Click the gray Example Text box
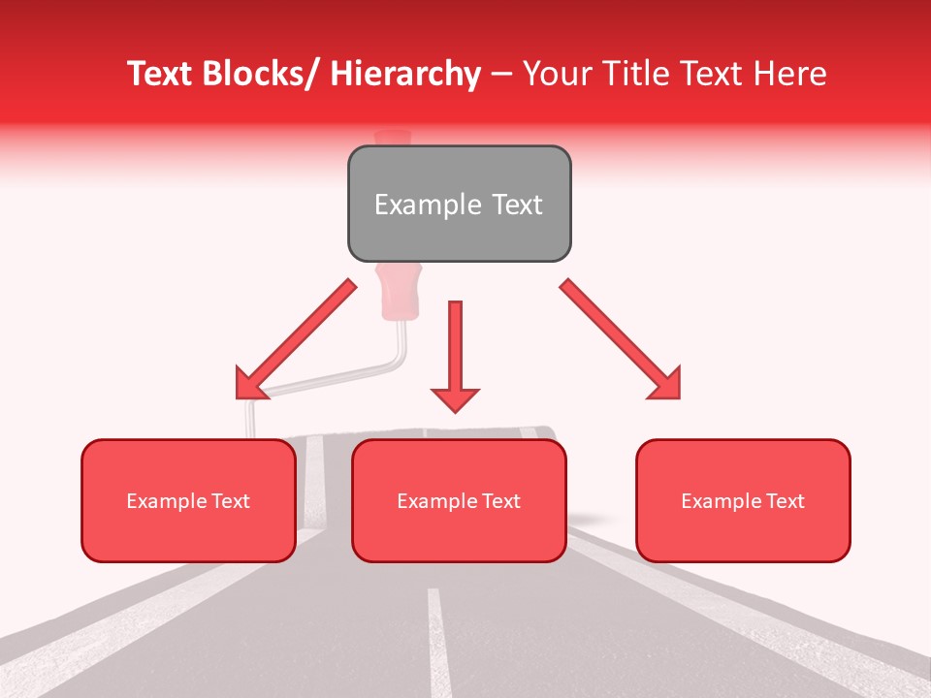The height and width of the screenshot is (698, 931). (459, 204)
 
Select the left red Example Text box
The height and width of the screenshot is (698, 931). (188, 500)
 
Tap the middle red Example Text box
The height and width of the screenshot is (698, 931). (459, 500)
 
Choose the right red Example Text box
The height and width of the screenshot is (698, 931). (743, 500)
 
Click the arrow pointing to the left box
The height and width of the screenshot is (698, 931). (296, 339)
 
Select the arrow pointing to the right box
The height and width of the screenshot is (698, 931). (621, 339)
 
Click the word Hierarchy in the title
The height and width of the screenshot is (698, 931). (406, 74)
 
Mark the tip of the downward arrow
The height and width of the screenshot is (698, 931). (455, 410)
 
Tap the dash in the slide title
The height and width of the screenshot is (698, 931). (501, 74)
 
